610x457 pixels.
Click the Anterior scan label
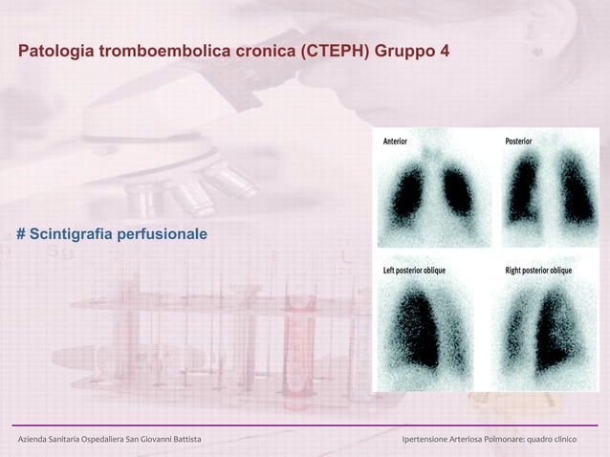click(395, 141)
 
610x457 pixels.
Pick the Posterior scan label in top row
click(519, 141)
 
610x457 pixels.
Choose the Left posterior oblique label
click(414, 271)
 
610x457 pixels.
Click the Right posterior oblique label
click(538, 271)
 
